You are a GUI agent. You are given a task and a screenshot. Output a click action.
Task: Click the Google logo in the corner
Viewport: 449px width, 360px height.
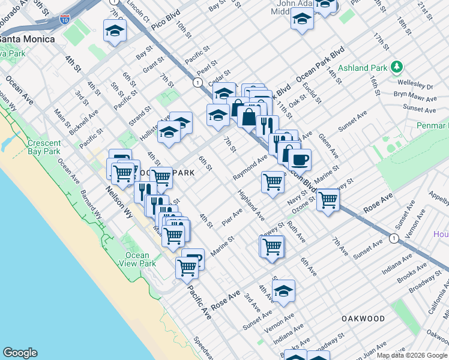click(x=20, y=353)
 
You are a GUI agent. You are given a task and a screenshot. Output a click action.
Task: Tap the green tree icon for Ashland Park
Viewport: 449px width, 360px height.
click(x=396, y=66)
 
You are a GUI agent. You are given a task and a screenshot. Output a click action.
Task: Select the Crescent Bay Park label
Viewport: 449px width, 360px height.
click(x=43, y=148)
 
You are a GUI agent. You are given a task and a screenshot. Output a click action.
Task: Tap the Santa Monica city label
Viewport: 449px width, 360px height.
click(x=27, y=39)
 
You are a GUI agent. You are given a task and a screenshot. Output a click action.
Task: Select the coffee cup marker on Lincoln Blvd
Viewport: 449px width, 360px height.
click(x=300, y=160)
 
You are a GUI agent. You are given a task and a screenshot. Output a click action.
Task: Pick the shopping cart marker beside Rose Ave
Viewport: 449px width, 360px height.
click(x=328, y=200)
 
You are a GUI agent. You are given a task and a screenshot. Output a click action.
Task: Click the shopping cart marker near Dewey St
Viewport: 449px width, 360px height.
click(x=272, y=246)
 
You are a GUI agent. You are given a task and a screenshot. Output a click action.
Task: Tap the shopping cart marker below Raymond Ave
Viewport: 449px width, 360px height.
click(x=273, y=181)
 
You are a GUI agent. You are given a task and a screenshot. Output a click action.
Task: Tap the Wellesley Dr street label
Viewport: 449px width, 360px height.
click(x=417, y=85)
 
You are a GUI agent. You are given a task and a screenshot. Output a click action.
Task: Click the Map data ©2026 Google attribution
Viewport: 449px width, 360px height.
click(x=412, y=355)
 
